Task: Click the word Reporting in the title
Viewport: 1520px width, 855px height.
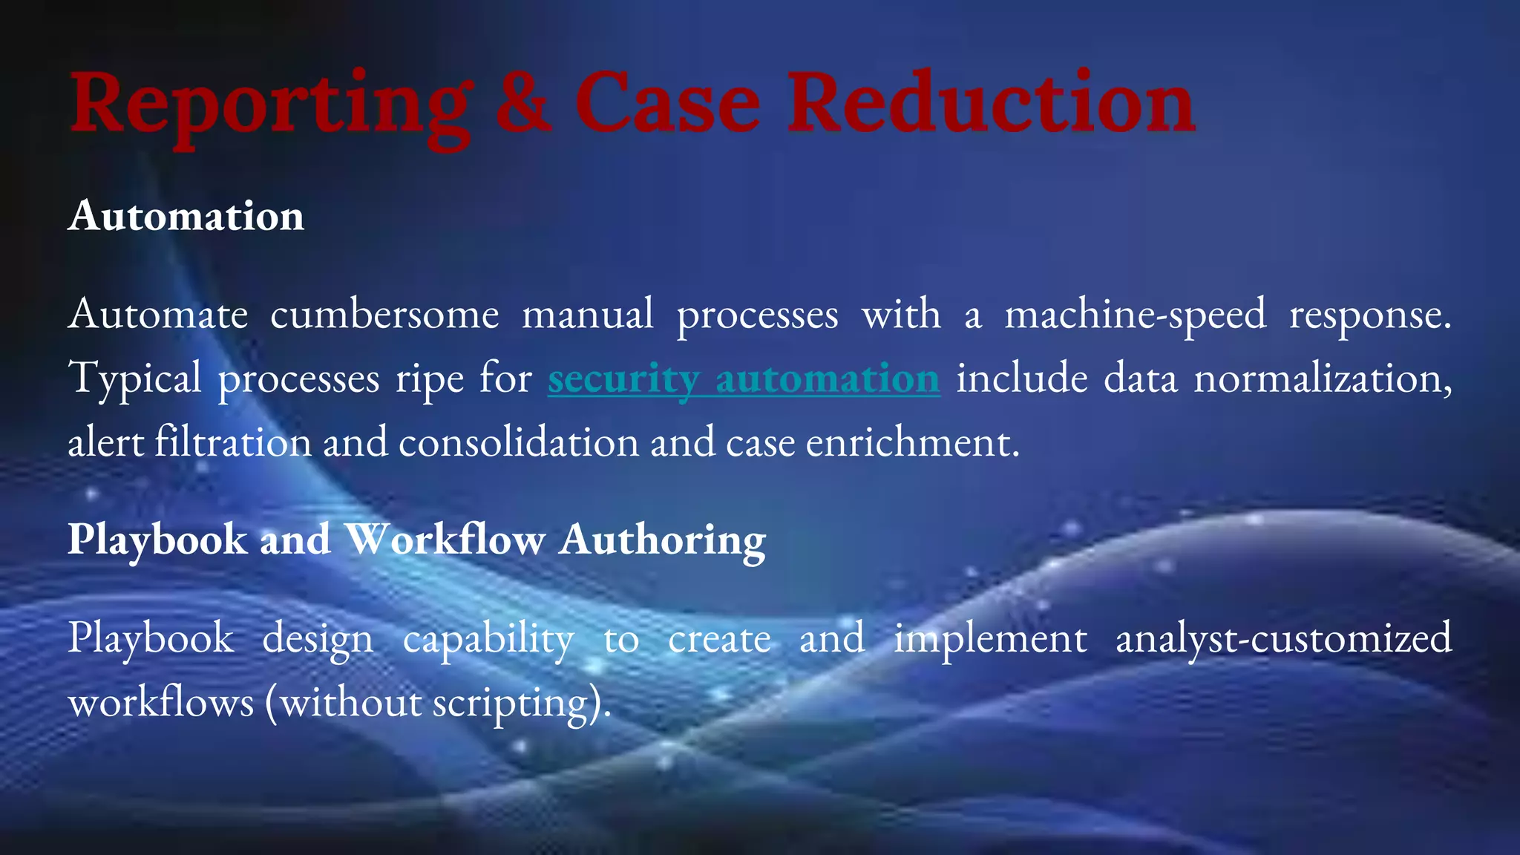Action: [271, 104]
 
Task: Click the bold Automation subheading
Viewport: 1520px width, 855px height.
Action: [186, 216]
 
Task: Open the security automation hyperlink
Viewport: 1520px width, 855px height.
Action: [744, 379]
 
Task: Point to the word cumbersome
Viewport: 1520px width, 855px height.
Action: [384, 314]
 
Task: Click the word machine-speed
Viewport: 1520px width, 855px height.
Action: [1135, 314]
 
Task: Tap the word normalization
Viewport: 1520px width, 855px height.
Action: [1322, 379]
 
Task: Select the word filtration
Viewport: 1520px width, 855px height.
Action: [233, 443]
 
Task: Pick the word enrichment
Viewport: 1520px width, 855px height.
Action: [912, 443]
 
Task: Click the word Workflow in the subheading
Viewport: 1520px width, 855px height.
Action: [445, 539]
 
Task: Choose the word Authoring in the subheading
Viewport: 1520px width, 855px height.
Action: [663, 540]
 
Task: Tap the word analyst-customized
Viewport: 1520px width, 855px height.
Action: [1283, 638]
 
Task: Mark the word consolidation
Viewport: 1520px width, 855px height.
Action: [519, 443]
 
